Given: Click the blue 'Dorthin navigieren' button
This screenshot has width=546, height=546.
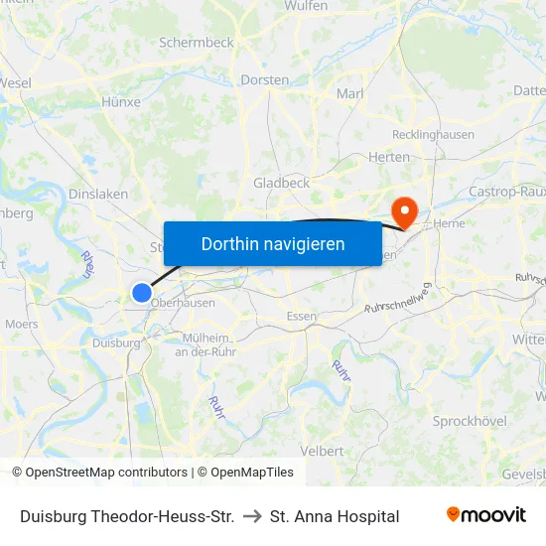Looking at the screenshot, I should tap(272, 243).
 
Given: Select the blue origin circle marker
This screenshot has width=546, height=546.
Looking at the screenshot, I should tap(142, 292).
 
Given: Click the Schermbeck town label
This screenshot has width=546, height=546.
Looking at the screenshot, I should tap(196, 43).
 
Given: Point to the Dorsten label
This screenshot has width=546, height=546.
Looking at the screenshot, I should tap(265, 79).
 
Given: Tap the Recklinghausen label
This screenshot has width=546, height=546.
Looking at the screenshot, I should tap(434, 134).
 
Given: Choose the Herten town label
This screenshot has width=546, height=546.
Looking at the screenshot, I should tap(389, 157).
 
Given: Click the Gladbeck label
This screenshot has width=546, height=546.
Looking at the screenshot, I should tap(282, 183).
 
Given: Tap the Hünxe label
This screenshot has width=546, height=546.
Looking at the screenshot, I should tap(121, 101).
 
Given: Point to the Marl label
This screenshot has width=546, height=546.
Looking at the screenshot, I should tap(350, 93).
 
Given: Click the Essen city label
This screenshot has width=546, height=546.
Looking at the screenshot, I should tap(301, 317).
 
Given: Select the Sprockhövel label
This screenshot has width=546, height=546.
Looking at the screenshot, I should tap(471, 421).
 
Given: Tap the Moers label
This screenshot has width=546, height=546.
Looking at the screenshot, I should tap(22, 324).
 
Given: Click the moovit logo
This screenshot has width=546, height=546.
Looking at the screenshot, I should tap(485, 515).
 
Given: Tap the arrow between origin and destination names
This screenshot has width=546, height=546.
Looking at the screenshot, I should tap(252, 516).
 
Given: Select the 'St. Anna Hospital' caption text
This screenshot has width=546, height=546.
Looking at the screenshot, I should tap(335, 516).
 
